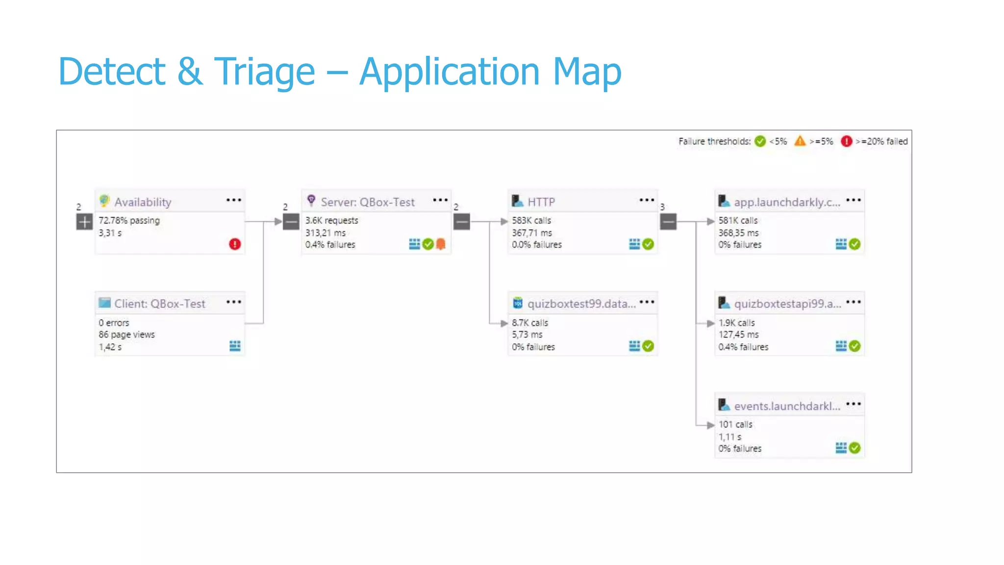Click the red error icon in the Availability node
point(235,244)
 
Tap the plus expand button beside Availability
point(84,222)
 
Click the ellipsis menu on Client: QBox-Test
point(234,302)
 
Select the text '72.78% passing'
point(129,221)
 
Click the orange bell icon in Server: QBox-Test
point(441,244)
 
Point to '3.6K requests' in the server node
point(331,221)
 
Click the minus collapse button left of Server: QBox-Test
point(291,222)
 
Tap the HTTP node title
point(541,202)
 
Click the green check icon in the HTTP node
point(648,244)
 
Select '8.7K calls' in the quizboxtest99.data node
point(530,323)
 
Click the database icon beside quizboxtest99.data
point(518,303)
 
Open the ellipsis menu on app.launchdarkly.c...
point(853,200)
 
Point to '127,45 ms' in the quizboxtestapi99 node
point(738,334)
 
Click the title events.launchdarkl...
point(787,406)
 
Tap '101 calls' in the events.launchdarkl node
point(735,424)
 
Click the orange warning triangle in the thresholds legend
point(800,141)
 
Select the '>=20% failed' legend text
point(881,141)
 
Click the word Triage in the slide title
point(264,72)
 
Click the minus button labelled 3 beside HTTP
point(668,222)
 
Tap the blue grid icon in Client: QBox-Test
point(235,346)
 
